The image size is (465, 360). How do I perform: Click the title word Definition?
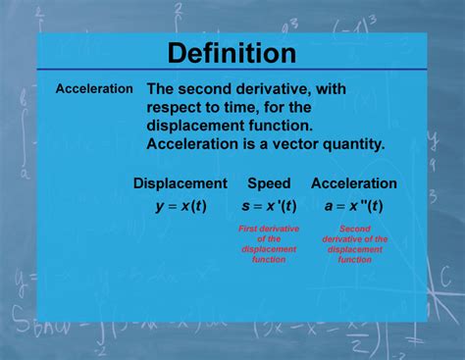pos(232,52)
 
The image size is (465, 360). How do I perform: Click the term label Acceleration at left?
pos(94,88)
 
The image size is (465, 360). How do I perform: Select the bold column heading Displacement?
pos(180,183)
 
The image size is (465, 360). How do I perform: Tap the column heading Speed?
pos(269,183)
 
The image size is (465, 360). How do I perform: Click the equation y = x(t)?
pos(181,206)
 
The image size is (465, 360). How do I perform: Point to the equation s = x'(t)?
pos(269,206)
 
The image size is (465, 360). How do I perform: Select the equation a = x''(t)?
pos(353,206)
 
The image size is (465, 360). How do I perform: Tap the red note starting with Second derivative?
pos(355,243)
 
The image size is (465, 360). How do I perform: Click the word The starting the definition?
pos(163,88)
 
